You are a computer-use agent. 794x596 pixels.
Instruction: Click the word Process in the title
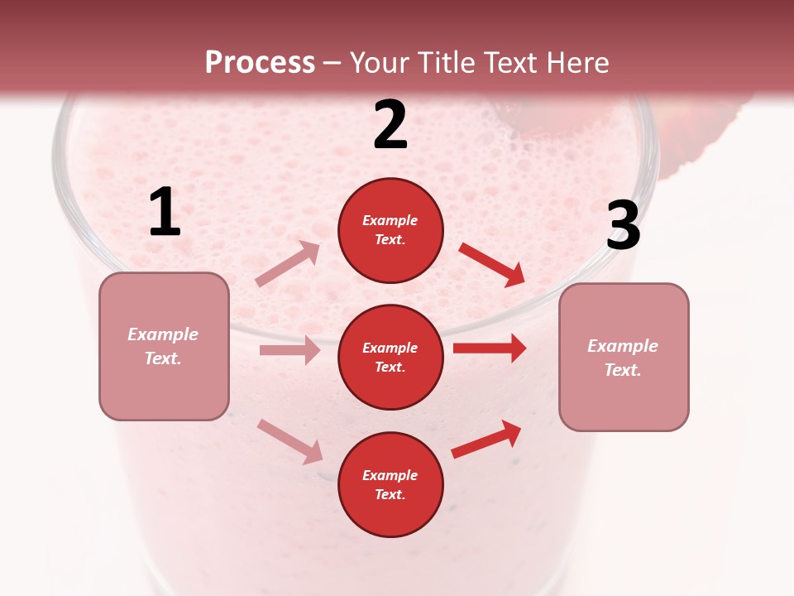260,63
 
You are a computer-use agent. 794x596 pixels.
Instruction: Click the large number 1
165,213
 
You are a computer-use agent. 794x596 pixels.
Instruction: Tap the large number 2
390,125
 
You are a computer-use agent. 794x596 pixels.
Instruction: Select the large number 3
623,226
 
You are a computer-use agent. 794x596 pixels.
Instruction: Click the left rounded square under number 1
164,346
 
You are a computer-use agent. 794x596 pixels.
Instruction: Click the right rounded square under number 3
624,358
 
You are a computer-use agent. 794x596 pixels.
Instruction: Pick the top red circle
390,230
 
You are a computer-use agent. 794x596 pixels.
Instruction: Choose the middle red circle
390,358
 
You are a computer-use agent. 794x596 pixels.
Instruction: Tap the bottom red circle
390,484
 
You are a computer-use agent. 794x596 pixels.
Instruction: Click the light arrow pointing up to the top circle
288,263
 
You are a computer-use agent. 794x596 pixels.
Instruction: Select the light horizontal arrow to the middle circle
289,350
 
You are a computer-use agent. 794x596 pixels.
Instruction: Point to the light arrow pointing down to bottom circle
290,441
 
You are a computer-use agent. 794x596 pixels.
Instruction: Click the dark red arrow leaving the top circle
492,264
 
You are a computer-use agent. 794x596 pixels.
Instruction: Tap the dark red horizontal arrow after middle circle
490,348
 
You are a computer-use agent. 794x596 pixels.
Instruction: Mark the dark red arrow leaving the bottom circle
487,440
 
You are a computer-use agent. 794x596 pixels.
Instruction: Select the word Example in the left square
163,334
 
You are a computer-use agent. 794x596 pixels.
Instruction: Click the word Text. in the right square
623,370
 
